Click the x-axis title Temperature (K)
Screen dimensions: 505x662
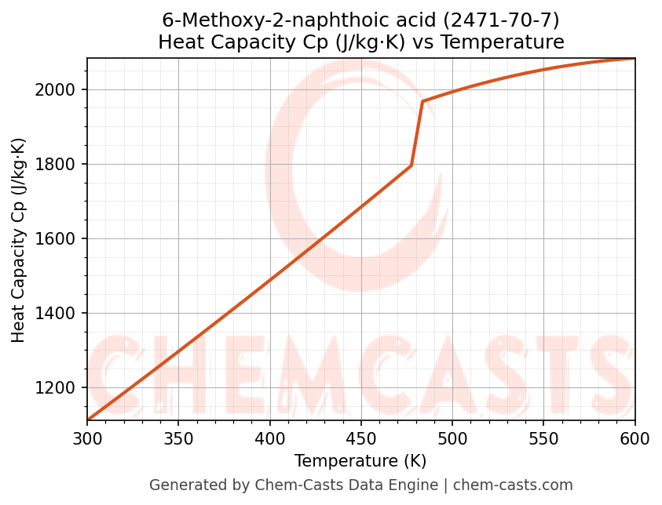point(360,461)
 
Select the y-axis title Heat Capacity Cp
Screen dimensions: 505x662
point(19,240)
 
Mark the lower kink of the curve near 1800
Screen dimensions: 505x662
point(411,165)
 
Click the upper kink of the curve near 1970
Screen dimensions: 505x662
point(422,101)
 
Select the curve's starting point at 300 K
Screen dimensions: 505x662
point(88,420)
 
